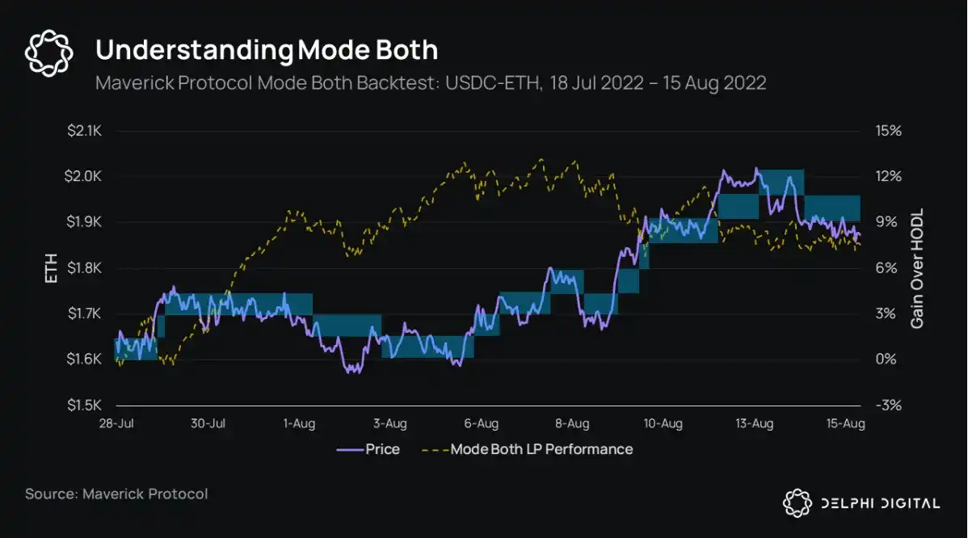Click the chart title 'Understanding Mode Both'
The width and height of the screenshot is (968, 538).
coord(267,50)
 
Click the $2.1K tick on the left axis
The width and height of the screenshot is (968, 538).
coord(84,131)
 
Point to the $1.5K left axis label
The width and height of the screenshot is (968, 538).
coord(84,405)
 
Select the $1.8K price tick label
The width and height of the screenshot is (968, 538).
coord(84,268)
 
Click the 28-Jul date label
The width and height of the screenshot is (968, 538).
coord(116,423)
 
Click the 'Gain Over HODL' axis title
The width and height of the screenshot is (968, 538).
coord(917,268)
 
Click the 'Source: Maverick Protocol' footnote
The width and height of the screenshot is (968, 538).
coord(116,494)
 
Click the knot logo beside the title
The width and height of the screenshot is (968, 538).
coord(49,54)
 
